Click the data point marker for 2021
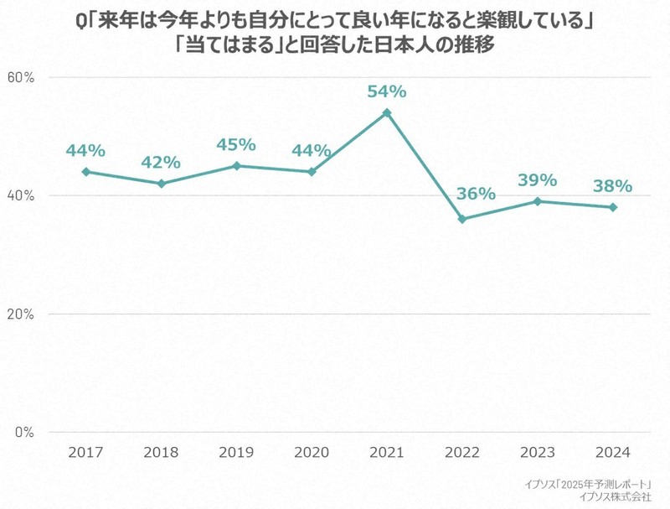pos(387,112)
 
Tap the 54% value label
pos(387,91)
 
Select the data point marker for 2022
pos(461,219)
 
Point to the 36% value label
pos(477,194)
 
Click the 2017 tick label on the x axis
pos(86,452)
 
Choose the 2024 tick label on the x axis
pos(613,452)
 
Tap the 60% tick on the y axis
pos(20,77)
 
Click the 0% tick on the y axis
pos(23,433)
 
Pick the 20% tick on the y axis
pos(20,314)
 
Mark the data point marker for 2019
pos(236,166)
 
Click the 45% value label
pos(236,144)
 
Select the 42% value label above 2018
pos(161,162)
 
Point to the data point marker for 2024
pos(613,207)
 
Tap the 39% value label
pos(537,179)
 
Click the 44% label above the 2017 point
pos(86,150)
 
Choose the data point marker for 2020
pos(312,172)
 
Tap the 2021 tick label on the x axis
pos(387,452)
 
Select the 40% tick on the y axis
pos(20,195)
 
